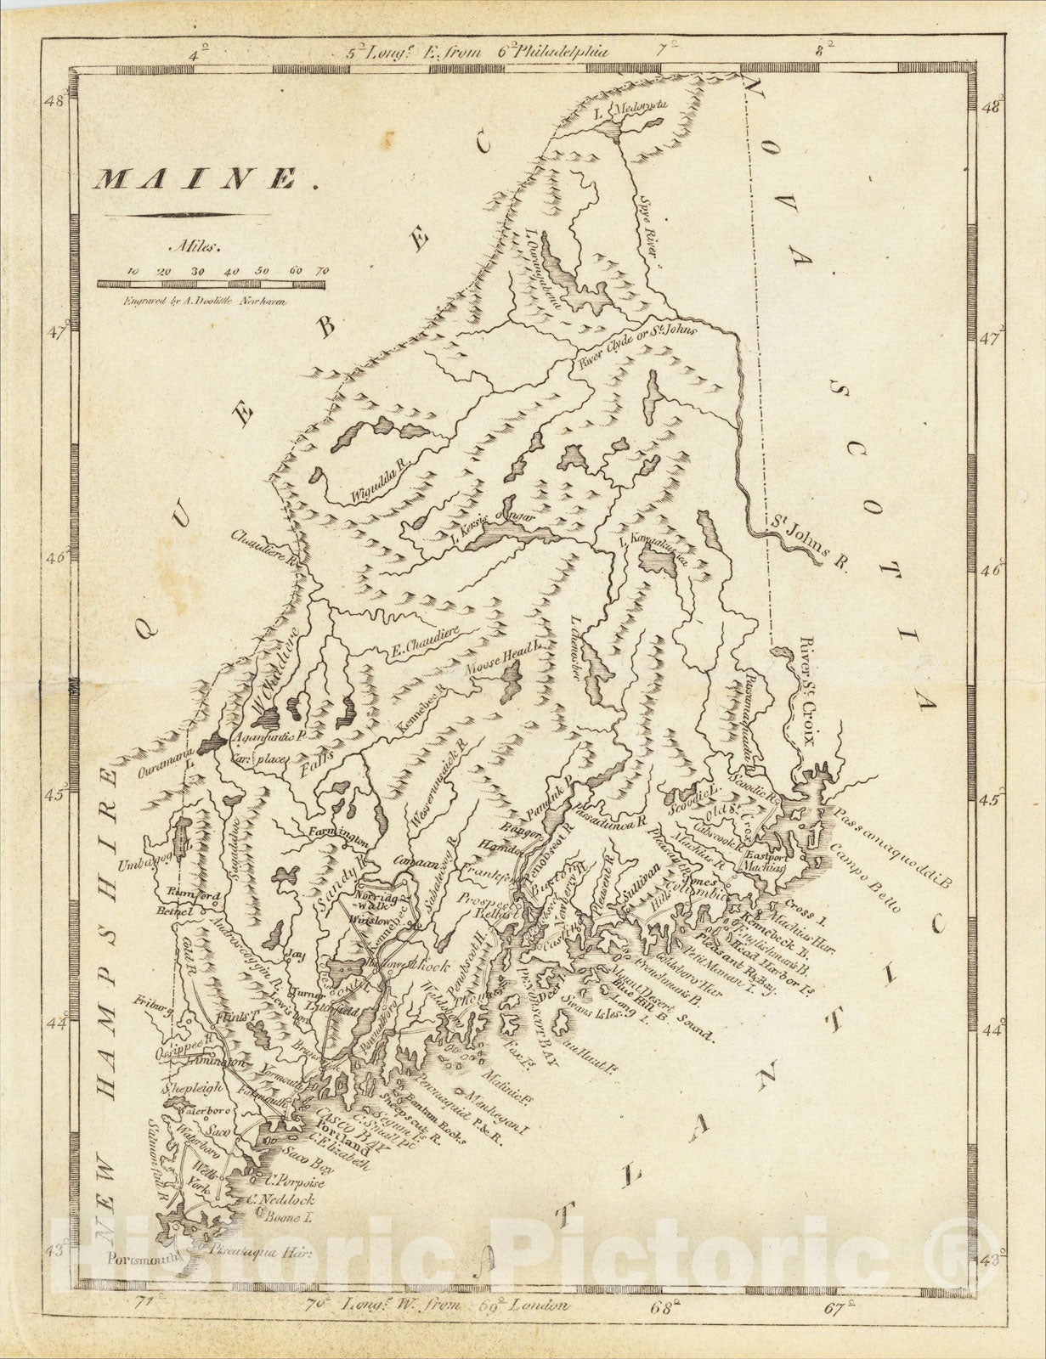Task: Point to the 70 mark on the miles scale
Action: tap(322, 270)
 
